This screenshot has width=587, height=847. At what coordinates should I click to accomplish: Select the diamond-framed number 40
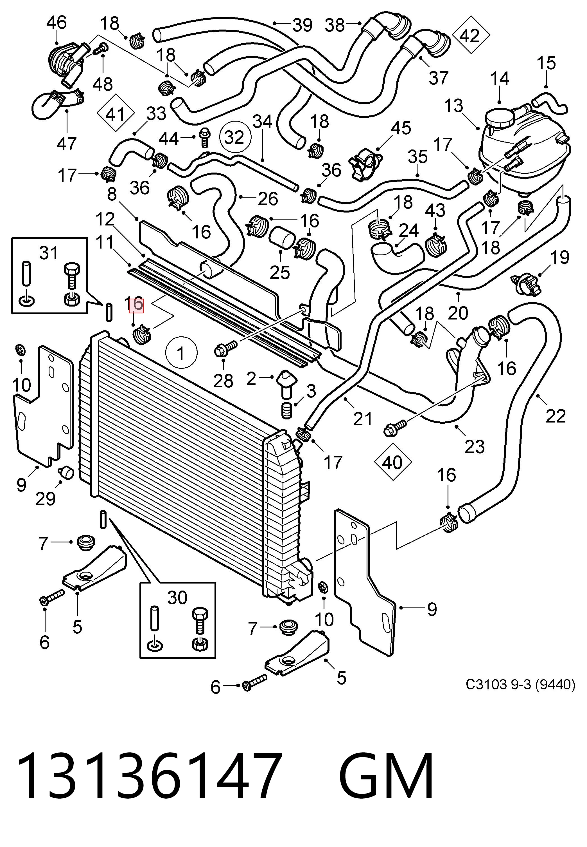tap(392, 462)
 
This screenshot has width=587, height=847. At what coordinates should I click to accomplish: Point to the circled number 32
tap(235, 137)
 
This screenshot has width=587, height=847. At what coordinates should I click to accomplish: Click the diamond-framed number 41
tap(115, 115)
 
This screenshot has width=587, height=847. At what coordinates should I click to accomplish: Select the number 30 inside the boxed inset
tap(177, 598)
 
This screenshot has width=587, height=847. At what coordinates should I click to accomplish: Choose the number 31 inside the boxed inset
tap(49, 253)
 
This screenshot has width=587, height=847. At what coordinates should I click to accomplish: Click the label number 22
tap(555, 416)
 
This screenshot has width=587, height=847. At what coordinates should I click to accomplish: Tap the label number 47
tap(67, 144)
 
